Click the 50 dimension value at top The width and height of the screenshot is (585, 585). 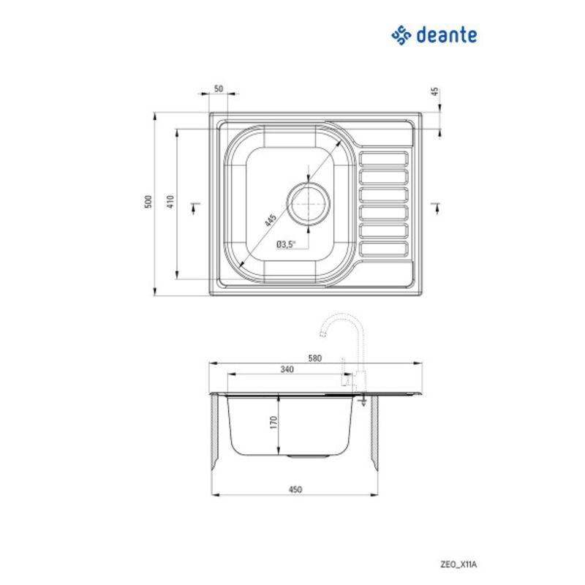218,88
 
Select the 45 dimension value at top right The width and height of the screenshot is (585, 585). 434,91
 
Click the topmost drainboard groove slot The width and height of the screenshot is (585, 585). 383,159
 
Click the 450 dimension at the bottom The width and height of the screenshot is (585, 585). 295,489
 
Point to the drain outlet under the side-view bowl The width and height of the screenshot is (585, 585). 301,456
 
